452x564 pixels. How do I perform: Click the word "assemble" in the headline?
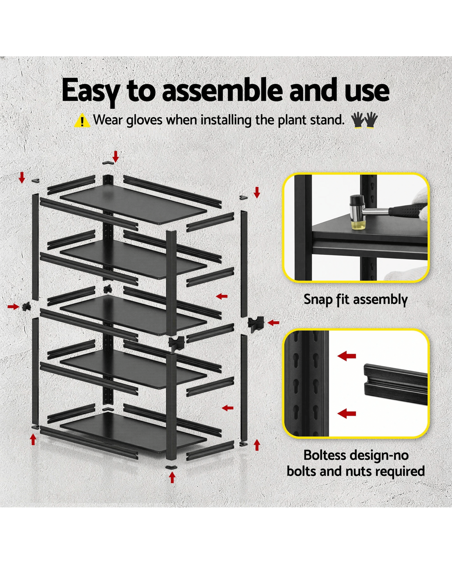[222, 90]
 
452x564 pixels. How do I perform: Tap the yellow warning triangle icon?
[83, 121]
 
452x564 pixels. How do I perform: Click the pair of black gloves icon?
[364, 120]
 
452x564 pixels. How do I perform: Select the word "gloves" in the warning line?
[144, 120]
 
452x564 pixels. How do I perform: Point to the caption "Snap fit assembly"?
[355, 299]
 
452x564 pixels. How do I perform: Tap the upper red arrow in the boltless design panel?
[347, 356]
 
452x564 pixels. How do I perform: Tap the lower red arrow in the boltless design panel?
[347, 413]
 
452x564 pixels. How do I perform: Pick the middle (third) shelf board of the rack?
[134, 315]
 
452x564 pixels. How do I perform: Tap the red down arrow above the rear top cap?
[115, 156]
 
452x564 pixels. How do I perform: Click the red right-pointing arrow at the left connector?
[14, 306]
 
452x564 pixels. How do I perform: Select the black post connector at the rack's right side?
[256, 324]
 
